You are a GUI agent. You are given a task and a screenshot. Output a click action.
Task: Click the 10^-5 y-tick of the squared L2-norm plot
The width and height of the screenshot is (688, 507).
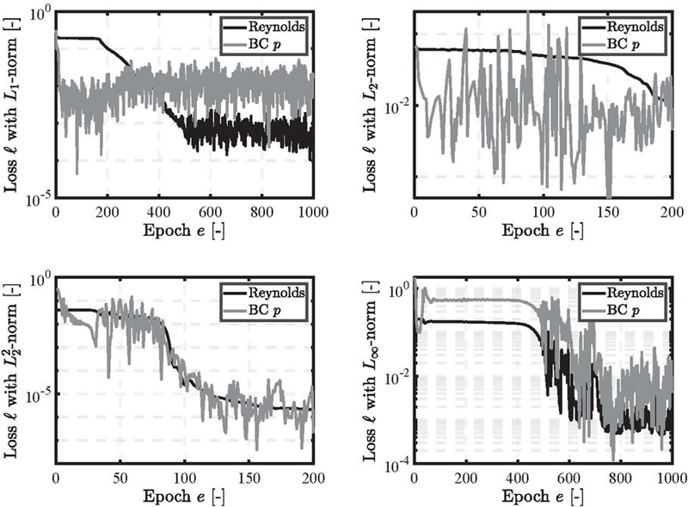coord(39,394)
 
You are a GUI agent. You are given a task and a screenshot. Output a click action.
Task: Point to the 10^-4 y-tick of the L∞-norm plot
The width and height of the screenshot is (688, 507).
coord(397,466)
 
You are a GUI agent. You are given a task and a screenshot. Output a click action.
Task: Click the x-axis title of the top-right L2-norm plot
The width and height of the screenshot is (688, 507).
coord(544,231)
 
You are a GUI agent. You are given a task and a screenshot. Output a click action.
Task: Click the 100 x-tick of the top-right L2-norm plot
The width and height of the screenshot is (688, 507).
coord(544,212)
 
